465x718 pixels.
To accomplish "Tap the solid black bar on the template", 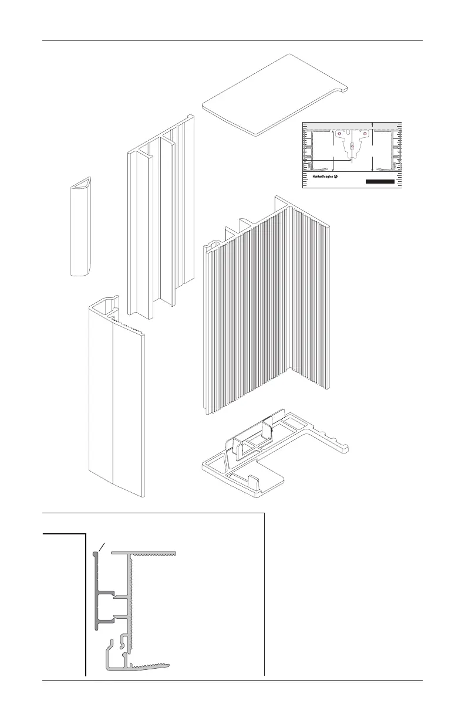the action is click(x=379, y=182).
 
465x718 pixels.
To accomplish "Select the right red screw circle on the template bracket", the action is click(x=365, y=134).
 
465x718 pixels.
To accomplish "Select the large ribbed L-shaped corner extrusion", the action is click(x=264, y=317).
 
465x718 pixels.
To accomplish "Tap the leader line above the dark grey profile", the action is click(x=101, y=547).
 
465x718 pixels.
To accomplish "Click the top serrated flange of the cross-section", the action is click(x=153, y=553).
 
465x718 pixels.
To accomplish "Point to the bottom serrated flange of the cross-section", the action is click(x=150, y=666).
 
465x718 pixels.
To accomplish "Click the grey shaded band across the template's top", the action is click(x=329, y=126).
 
